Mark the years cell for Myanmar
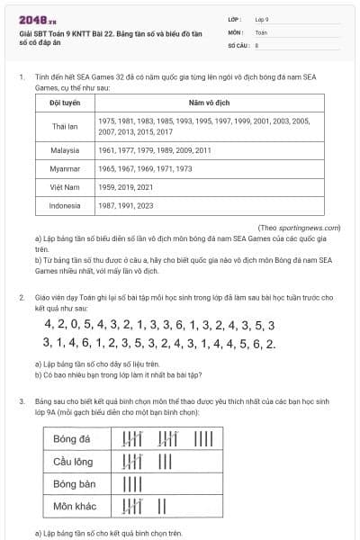click(157, 168)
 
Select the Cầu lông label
click(73, 462)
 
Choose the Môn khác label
click(74, 507)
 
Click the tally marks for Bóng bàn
click(133, 484)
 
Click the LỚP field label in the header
click(235, 18)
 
